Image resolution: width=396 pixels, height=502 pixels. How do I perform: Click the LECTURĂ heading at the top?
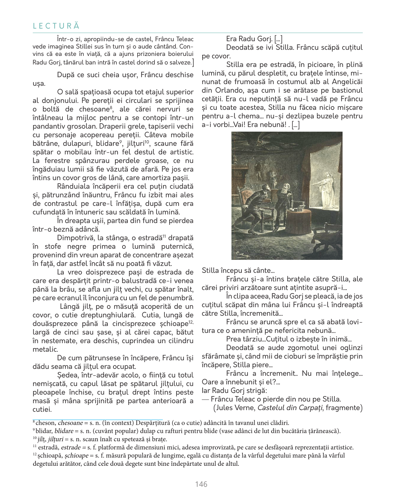(x=56, y=26)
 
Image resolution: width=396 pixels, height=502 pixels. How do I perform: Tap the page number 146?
(x=201, y=484)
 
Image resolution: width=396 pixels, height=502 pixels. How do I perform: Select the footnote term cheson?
(x=46, y=423)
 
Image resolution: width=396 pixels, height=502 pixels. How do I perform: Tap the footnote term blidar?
(x=44, y=431)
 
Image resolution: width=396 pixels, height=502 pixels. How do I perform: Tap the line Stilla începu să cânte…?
(x=238, y=271)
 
